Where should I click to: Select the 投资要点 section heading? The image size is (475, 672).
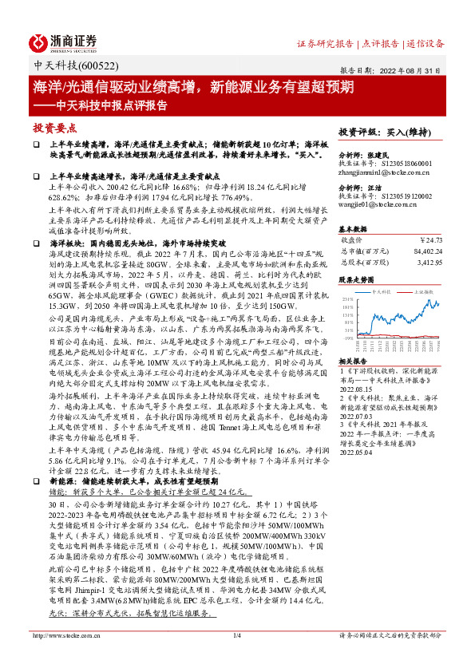tap(55, 127)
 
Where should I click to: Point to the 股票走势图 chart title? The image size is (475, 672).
tap(357, 281)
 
